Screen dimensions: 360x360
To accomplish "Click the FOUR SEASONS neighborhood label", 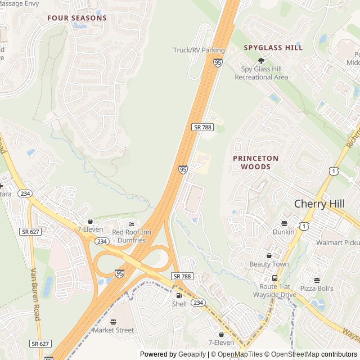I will pos(76,18).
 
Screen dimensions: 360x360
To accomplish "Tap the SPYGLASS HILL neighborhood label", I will pos(273,48).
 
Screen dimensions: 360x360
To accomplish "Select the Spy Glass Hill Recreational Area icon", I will pos(261,60).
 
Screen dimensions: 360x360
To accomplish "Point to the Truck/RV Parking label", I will pos(199,50).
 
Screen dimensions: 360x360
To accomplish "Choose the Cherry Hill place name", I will pos(319,204).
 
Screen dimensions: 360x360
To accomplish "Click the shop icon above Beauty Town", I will pos(269,255).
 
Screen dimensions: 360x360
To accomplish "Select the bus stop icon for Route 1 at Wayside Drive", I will pos(274,278).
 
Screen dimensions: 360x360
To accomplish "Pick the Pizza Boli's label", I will pos(316,289).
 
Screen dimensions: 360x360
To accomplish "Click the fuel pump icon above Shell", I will pos(179,295).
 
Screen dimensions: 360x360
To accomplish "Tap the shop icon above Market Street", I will pos(114,322).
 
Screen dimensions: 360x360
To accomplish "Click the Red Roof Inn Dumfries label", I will pos(128,236).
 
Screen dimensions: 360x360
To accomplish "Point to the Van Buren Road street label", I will pos(35,294).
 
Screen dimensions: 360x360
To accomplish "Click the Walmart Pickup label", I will pos(337,242).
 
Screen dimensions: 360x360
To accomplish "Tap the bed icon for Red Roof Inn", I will pos(132,224).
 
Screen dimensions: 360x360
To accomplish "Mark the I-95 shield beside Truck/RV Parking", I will pos(218,62).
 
